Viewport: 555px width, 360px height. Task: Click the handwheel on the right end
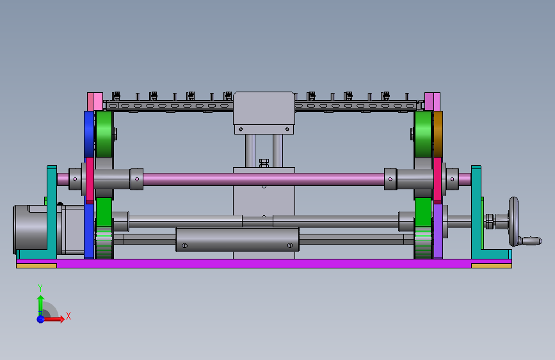[513, 222]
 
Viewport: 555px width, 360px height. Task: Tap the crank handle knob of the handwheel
[532, 241]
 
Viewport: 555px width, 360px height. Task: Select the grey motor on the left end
[31, 229]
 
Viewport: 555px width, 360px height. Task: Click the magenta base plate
[264, 263]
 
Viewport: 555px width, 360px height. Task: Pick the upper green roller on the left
[104, 134]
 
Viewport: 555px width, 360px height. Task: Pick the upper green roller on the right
[423, 134]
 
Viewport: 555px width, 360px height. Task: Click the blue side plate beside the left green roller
[89, 134]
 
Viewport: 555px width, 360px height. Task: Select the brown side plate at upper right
[438, 134]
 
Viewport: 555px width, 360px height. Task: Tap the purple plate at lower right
[438, 231]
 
